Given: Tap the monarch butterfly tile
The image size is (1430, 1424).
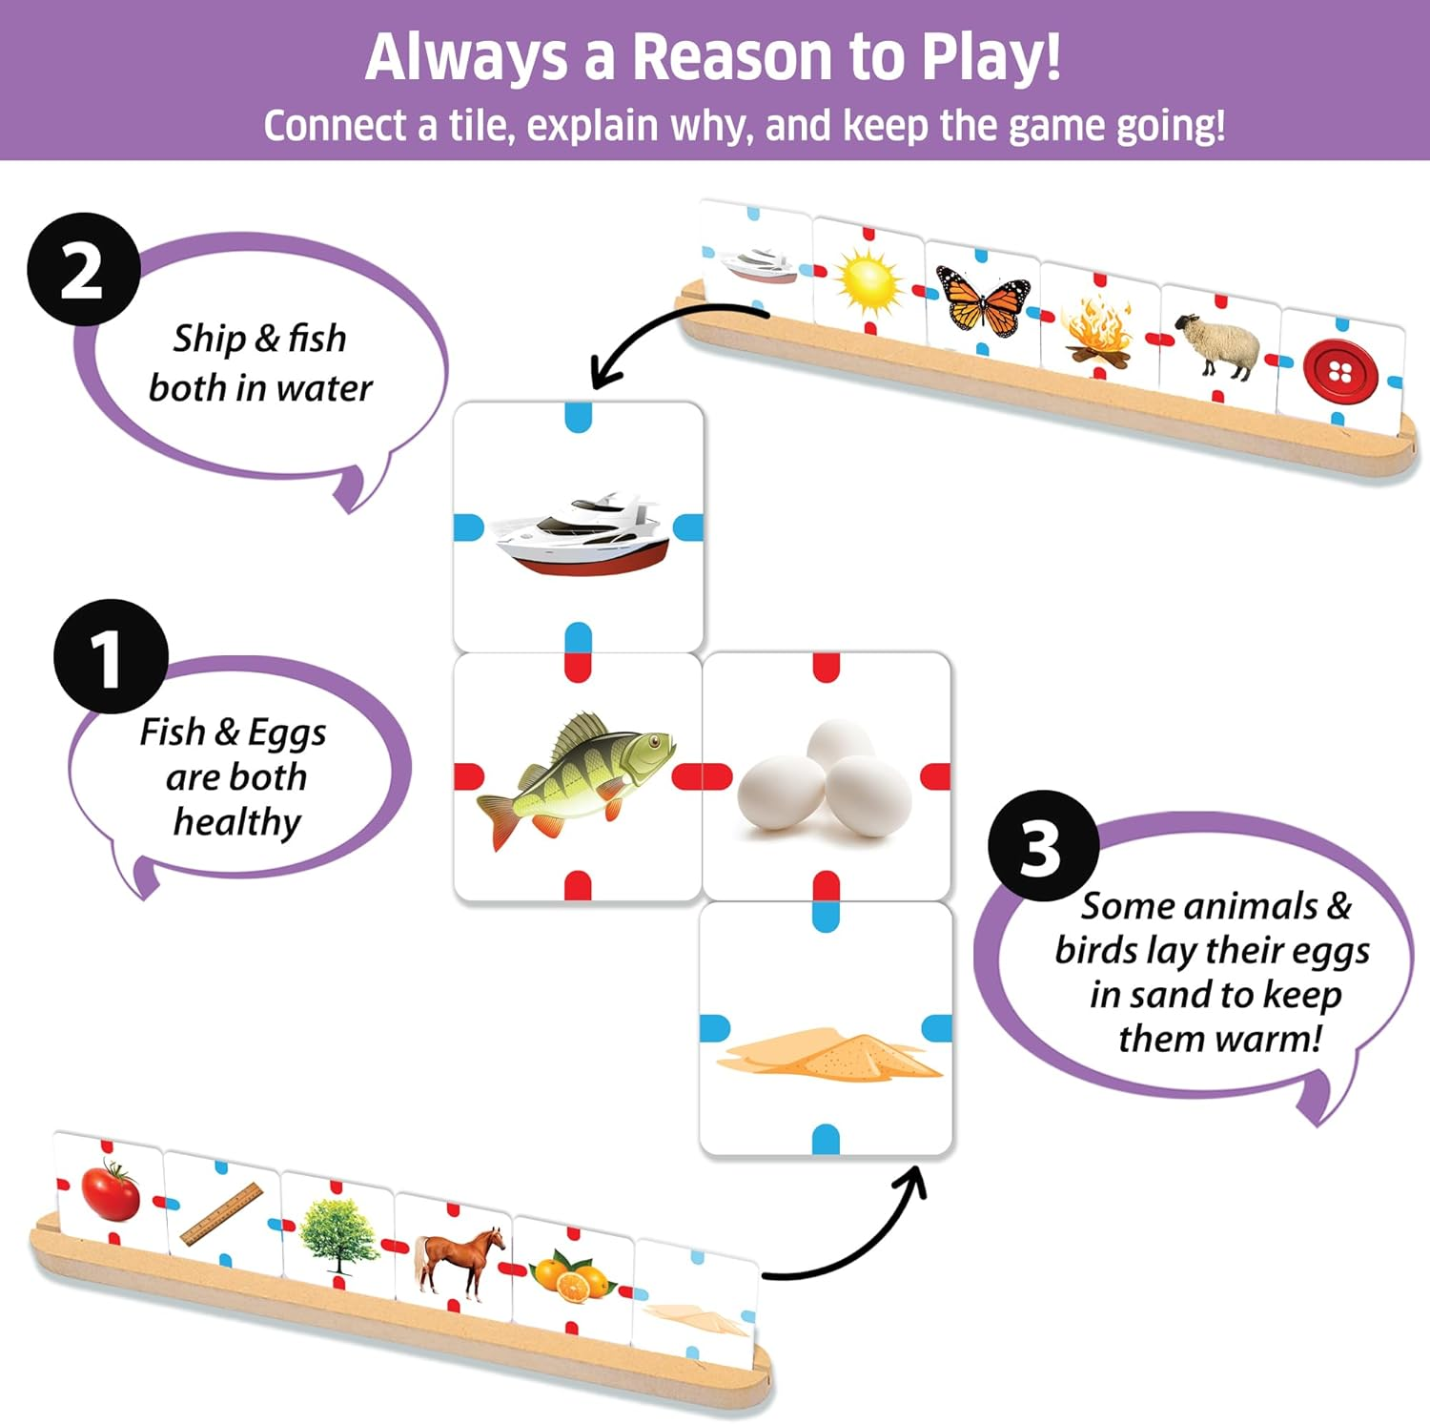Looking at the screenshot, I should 983,300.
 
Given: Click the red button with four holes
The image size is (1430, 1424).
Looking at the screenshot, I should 1339,371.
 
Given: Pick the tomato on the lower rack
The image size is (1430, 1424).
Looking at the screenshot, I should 111,1189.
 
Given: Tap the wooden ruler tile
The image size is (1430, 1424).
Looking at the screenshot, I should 221,1214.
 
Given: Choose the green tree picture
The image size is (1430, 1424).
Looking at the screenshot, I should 337,1235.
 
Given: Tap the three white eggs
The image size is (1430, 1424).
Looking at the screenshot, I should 826,777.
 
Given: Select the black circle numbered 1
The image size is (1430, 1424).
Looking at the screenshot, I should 111,656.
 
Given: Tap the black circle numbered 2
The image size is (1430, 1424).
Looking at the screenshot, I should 83,270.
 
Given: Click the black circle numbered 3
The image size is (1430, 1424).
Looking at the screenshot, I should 1043,846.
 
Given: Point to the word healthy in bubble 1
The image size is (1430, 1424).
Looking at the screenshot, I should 236,821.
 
